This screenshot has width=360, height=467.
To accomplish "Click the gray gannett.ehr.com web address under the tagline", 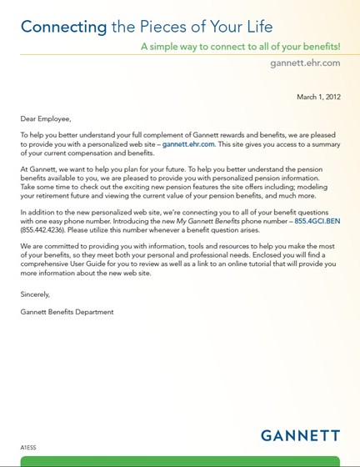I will click(x=306, y=63).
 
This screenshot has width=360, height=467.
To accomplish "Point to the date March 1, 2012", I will click(x=318, y=98).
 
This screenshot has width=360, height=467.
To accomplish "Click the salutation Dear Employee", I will click(x=46, y=119).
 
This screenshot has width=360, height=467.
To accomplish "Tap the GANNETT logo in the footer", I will click(x=300, y=435).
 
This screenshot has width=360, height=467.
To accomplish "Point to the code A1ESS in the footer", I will click(x=28, y=447).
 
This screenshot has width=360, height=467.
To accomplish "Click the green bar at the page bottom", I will click(x=180, y=461).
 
